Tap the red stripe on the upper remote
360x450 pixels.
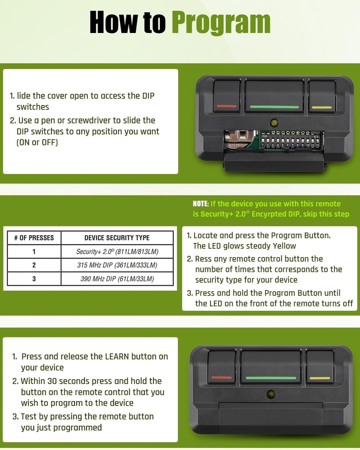pyautogui.click(x=226, y=106)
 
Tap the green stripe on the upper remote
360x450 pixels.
pyautogui.click(x=274, y=107)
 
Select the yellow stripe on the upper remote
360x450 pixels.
pyautogui.click(x=321, y=108)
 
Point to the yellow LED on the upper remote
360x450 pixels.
pyautogui.click(x=274, y=123)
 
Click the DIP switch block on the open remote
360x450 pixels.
pyautogui.click(x=290, y=139)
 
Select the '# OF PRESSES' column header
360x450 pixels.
pyautogui.click(x=34, y=238)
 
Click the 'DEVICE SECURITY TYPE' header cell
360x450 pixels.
pyautogui.click(x=117, y=238)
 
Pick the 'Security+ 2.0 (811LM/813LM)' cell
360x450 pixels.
pyautogui.click(x=117, y=252)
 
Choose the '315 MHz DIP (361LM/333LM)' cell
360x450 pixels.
pyautogui.click(x=117, y=265)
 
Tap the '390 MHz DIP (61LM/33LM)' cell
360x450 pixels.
pyautogui.click(x=117, y=279)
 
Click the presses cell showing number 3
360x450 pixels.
pyautogui.click(x=34, y=279)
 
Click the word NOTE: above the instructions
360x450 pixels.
pyautogui.click(x=201, y=204)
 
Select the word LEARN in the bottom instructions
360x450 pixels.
pyautogui.click(x=117, y=356)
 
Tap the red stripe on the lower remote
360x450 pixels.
pyautogui.click(x=222, y=377)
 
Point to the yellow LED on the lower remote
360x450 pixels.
pyautogui.click(x=270, y=394)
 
